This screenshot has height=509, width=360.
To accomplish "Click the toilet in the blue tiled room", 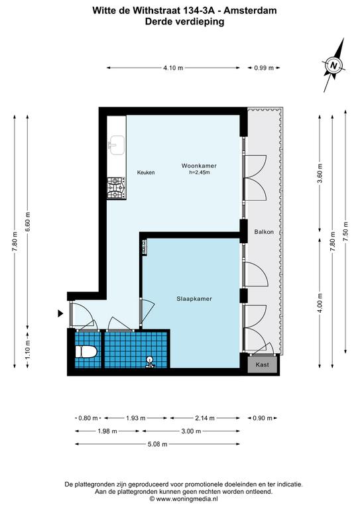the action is point(86,352).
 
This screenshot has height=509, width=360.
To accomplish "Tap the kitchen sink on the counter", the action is point(117,145).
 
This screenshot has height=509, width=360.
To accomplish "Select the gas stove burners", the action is point(117,188).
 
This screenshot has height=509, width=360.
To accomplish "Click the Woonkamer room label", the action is point(199,166).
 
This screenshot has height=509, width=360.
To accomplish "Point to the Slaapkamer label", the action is point(194,299).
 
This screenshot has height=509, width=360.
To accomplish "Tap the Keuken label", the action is point(146,172).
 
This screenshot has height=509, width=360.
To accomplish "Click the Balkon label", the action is point(264,232).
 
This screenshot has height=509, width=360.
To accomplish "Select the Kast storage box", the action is point(263,365).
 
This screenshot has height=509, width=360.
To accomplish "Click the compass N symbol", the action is point(333,65).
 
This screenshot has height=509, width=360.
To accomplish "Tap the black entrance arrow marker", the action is point(60,313).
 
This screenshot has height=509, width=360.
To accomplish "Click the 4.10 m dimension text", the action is point(173,68).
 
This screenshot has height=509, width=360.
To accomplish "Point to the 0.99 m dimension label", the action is point(264,68).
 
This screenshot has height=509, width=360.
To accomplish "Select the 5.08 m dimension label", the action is point(157,444).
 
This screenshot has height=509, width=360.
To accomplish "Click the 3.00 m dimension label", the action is point(191,431).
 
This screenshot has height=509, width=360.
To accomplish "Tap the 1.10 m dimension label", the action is point(28,350).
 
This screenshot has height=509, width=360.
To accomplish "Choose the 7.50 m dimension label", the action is point(345,231).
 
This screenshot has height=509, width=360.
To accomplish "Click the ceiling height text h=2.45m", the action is point(200,172).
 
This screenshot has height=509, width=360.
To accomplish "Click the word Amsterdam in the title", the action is point(251,11).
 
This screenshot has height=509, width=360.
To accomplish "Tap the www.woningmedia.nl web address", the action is point(187,498).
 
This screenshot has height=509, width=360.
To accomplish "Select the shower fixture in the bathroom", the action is point(150,362).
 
